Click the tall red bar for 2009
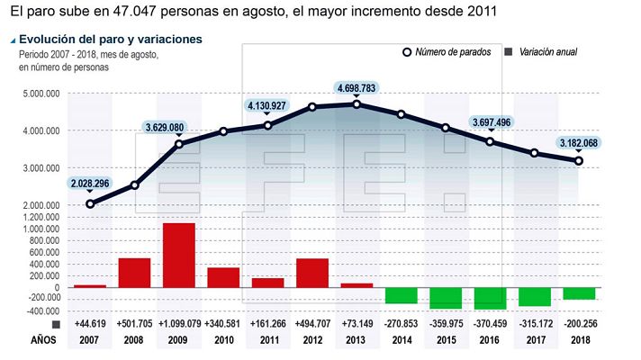[x=178, y=256]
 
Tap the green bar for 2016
[x=490, y=298]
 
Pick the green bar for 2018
[x=578, y=293]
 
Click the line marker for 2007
[x=90, y=204]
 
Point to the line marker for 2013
[x=357, y=104]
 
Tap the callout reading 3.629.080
[x=171, y=126]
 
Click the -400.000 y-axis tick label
[x=39, y=311]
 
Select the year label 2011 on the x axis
[x=267, y=340]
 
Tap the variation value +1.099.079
[x=178, y=323]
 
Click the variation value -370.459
[x=490, y=323]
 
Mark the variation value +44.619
[x=90, y=323]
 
